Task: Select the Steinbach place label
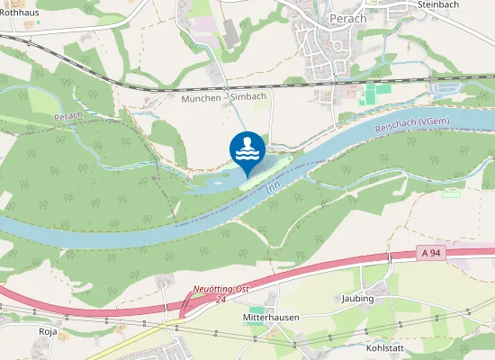[438, 4]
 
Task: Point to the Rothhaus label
[20, 13]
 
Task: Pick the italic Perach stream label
[67, 117]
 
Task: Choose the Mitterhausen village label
[270, 318]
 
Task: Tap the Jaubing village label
[357, 298]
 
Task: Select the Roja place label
[48, 331]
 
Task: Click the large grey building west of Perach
[230, 32]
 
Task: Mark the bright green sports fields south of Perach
[372, 94]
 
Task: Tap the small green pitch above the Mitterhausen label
[256, 310]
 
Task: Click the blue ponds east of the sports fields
[446, 87]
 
